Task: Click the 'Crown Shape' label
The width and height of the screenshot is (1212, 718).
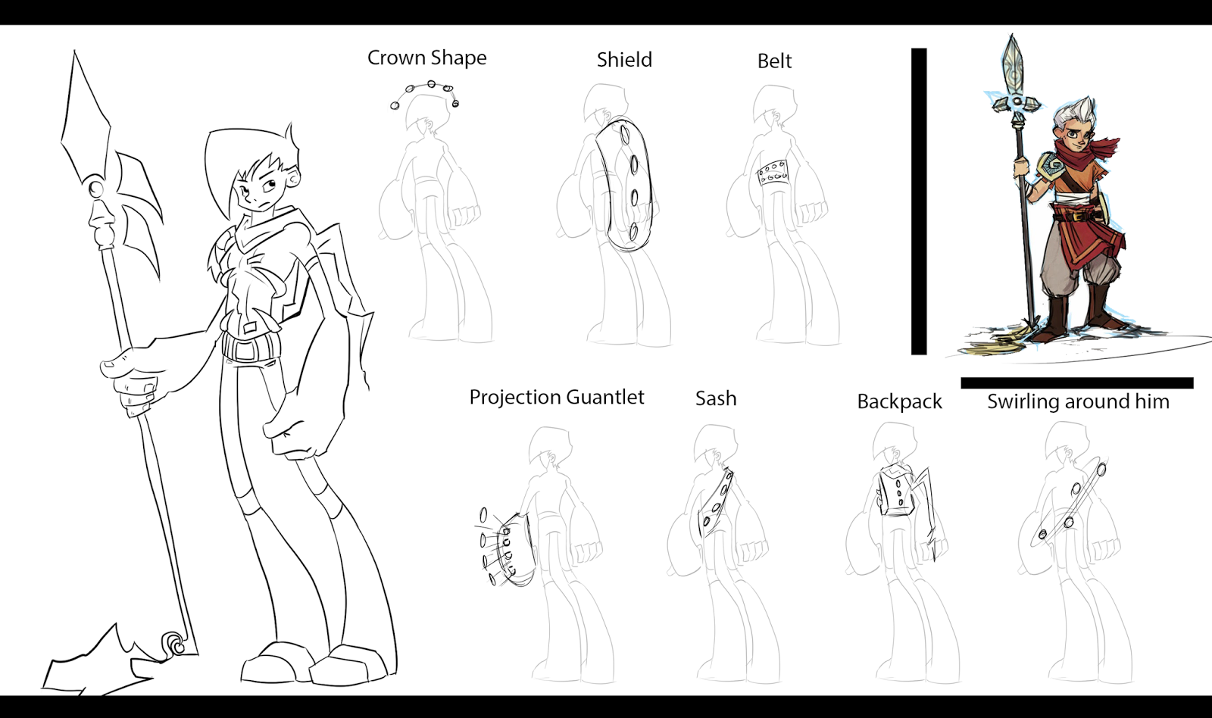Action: pos(427,58)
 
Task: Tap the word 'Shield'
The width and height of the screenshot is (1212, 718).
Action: pos(624,60)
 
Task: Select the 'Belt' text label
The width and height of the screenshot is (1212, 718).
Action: pos(774,61)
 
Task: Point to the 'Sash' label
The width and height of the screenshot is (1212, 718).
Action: pos(716,399)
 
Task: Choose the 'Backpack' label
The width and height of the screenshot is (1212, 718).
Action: pos(899,402)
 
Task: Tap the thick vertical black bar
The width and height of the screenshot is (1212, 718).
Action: pos(919,201)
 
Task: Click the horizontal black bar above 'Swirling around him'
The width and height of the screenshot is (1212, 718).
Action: pos(1076,383)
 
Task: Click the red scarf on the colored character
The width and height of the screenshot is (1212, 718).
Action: pos(1082,155)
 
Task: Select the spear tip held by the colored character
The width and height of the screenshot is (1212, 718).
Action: pos(1012,67)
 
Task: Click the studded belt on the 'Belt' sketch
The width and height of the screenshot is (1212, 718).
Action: pos(773,173)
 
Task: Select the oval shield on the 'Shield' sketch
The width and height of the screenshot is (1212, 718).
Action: pos(626,186)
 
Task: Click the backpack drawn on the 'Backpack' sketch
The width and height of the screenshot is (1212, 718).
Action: pos(895,491)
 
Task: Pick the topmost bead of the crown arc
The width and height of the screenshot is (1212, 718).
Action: pos(431,84)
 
